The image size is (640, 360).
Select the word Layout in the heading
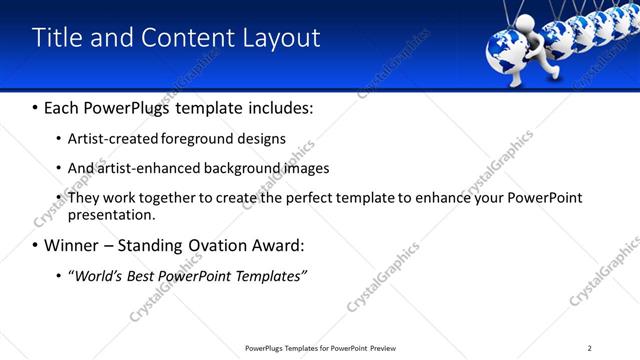click(281, 38)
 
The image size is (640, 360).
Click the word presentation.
click(110, 214)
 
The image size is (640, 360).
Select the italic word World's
click(95, 275)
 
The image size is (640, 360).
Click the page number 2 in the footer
click(590, 347)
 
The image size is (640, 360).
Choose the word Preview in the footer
click(383, 347)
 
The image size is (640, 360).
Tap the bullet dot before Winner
click(36, 246)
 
